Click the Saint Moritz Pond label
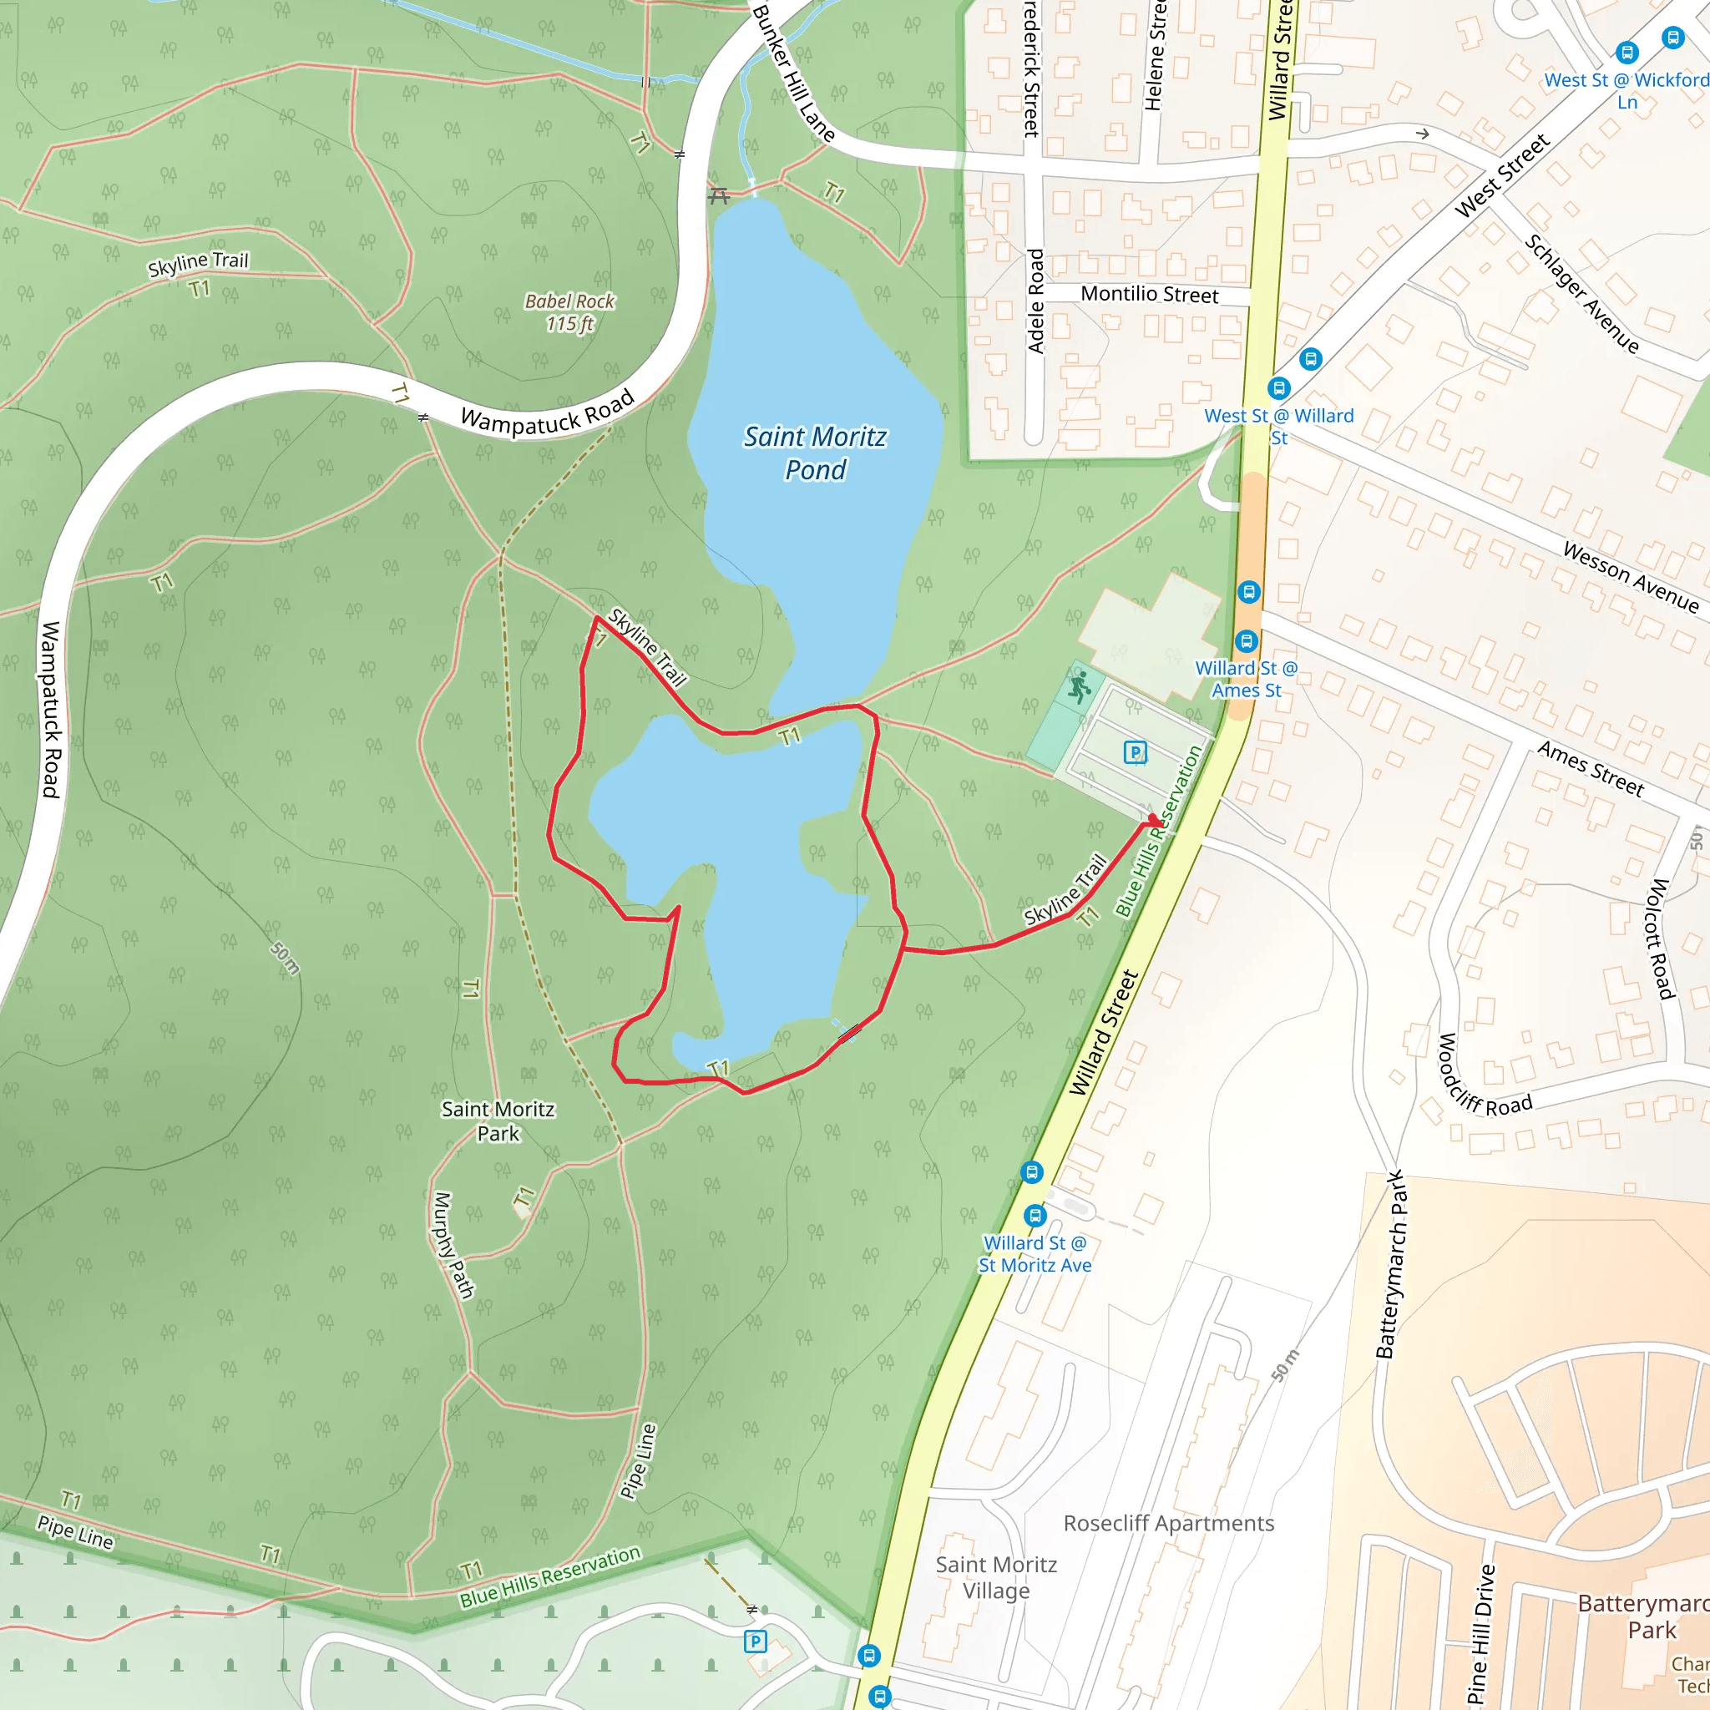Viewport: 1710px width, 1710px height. [x=814, y=453]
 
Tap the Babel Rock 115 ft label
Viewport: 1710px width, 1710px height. [x=569, y=312]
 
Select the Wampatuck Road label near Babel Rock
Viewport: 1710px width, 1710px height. [x=547, y=412]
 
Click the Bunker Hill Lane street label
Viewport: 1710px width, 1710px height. [x=793, y=72]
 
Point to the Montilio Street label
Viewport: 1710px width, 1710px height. [x=1149, y=294]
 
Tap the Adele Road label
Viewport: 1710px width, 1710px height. [x=1035, y=301]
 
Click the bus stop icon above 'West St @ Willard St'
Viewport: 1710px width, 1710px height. [x=1278, y=387]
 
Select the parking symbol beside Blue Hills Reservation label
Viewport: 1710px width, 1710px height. [x=1135, y=752]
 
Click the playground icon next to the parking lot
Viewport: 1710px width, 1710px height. [x=1079, y=687]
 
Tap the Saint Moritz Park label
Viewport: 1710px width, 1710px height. [x=498, y=1121]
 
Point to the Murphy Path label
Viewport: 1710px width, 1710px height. [x=453, y=1244]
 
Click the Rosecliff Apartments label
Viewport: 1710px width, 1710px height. [x=1168, y=1523]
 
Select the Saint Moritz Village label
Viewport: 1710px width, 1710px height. [x=996, y=1577]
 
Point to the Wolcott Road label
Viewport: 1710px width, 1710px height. [x=1662, y=938]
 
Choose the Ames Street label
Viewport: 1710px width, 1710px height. [x=1591, y=768]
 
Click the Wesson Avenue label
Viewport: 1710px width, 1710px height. [x=1631, y=577]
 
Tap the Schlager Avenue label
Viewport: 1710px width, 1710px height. [x=1581, y=293]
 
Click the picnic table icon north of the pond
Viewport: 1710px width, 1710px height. [x=719, y=196]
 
